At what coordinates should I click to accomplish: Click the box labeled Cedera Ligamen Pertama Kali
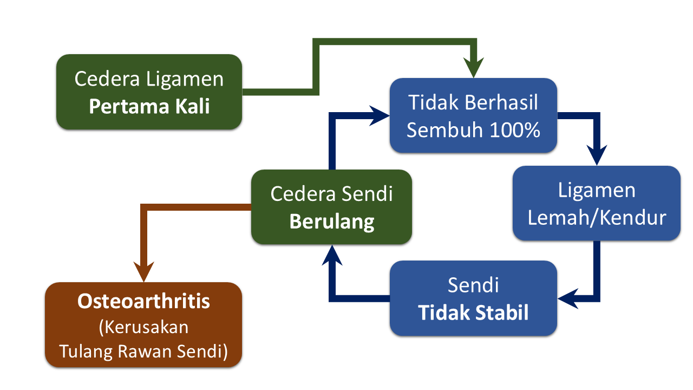click(149, 92)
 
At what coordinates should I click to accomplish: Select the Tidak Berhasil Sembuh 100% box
click(473, 115)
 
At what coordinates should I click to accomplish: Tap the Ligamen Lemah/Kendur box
click(596, 203)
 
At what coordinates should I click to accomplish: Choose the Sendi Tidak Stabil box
click(473, 298)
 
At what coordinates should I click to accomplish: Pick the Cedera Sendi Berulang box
click(331, 207)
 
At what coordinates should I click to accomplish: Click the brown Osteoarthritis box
click(143, 324)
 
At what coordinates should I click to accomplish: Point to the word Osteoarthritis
click(143, 301)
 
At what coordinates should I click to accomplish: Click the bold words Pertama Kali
click(149, 106)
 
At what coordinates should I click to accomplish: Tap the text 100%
click(515, 130)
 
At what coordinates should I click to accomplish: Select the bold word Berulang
click(331, 222)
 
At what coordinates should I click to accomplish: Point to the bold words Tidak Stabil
click(473, 313)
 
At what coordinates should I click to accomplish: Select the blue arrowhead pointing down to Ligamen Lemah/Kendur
click(596, 155)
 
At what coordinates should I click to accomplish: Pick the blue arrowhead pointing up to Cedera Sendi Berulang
click(332, 255)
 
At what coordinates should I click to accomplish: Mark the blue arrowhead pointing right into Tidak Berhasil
click(378, 116)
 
